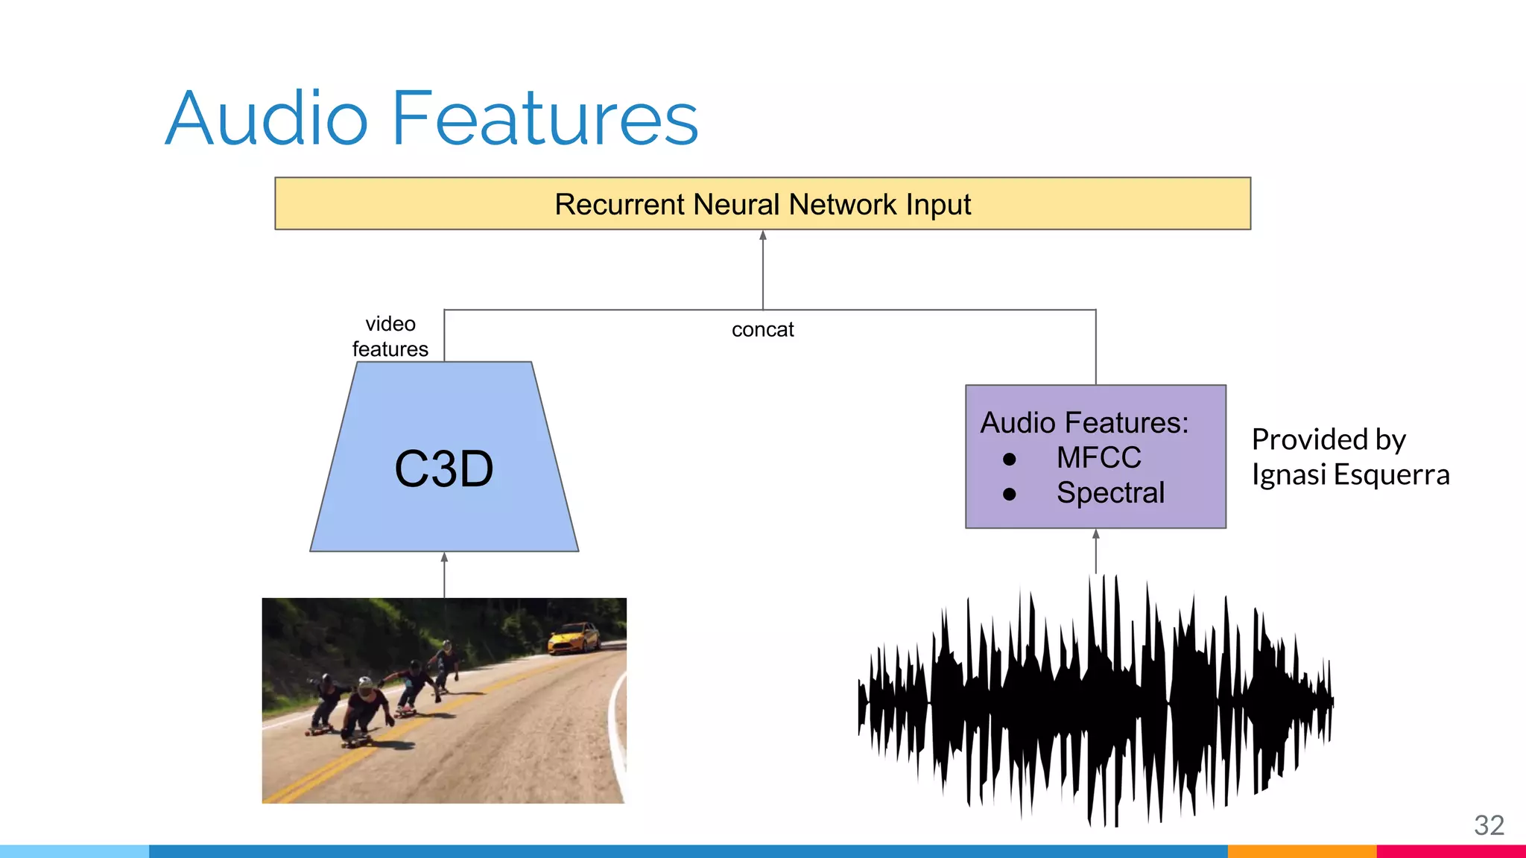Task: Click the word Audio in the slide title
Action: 267,119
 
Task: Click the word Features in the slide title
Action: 545,119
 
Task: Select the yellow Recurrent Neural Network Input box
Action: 762,203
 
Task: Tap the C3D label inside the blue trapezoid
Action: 443,469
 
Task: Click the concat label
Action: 762,329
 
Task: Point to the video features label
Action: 390,336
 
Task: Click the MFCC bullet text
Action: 1098,457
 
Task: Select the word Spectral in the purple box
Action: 1110,492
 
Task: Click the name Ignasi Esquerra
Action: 1350,474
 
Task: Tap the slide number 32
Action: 1489,825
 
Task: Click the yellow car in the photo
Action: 574,638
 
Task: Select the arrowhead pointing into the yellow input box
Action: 763,235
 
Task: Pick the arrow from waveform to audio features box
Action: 1095,550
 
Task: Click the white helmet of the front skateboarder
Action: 364,683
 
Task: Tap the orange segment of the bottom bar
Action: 1301,851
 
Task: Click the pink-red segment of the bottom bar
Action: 1450,851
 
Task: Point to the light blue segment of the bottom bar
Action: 75,851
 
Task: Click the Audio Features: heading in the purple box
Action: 1084,422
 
